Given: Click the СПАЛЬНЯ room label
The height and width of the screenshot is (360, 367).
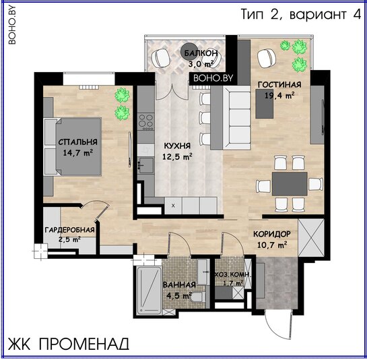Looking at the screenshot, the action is [77, 142].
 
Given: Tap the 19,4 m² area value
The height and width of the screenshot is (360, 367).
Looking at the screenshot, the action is [279, 95].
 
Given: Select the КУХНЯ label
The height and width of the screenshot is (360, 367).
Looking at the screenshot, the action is [177, 146].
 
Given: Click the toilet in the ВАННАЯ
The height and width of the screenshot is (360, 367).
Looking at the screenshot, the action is [199, 298].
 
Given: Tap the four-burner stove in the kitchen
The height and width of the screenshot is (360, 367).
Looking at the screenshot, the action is [146, 122].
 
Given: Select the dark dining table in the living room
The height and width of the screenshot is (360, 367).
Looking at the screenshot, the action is [290, 184].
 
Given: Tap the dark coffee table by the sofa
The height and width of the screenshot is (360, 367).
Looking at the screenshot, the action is [264, 104].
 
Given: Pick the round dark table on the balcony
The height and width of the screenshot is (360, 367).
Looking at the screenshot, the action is [189, 52].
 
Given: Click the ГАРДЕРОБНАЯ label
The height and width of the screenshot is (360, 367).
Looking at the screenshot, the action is [70, 230].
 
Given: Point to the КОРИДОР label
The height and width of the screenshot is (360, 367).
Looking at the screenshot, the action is [272, 234].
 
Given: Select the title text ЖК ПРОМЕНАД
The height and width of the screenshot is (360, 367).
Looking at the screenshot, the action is [69, 344].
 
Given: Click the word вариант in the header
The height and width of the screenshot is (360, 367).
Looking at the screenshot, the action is [318, 14].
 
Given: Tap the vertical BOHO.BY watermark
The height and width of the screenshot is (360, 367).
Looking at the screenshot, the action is [11, 25].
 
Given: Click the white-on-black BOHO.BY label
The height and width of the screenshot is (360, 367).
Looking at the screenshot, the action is [213, 78].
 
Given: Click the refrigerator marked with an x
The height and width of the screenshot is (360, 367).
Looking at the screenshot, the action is [173, 206].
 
